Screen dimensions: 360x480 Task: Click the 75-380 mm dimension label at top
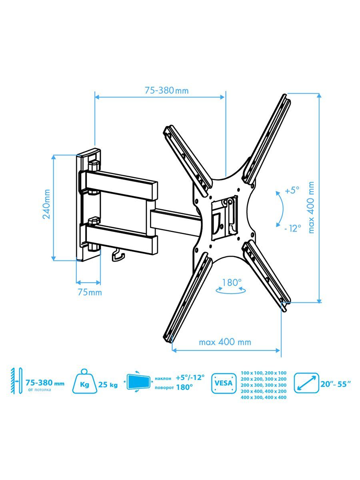coord(166,90)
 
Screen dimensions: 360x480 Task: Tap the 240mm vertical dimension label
coord(46,204)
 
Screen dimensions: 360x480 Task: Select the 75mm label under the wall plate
coord(90,292)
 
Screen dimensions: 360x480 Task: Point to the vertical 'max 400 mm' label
coord(311,207)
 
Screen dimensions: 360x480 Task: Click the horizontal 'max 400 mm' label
coord(225,342)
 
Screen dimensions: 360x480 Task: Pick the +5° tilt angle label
coord(292,190)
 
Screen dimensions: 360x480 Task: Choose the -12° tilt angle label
coord(293,229)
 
